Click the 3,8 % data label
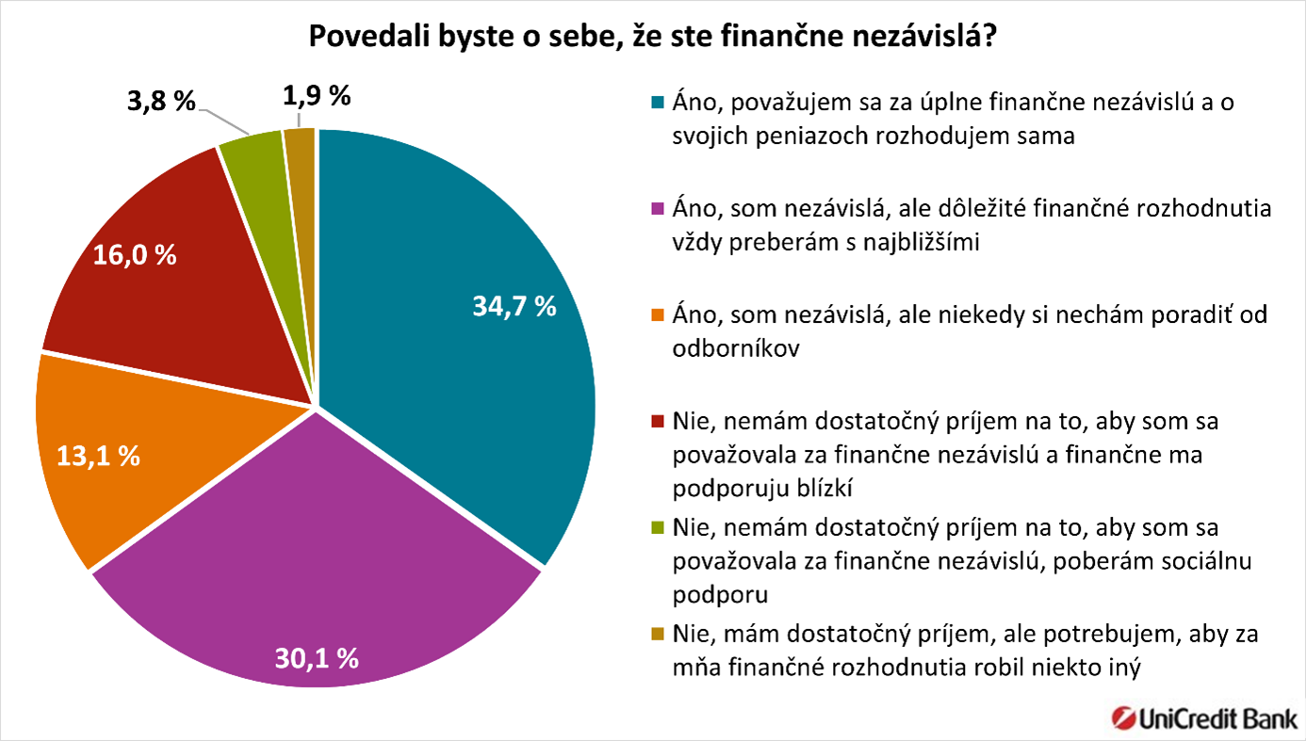point(160,100)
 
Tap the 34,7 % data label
point(514,308)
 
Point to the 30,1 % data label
point(316,657)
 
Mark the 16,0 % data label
point(134,256)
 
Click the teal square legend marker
point(659,103)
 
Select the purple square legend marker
point(659,209)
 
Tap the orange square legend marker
point(659,314)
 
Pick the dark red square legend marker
point(659,421)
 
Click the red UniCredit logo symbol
point(1124,717)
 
